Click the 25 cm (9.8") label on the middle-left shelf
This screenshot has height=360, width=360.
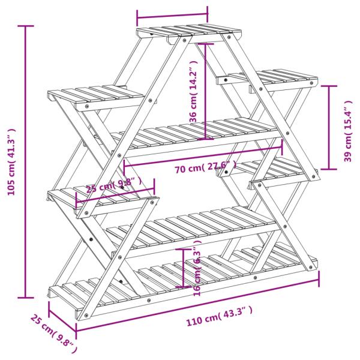coord(114,185)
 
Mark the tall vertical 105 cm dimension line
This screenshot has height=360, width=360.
coord(25,162)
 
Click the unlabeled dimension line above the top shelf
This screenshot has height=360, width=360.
coord(172,13)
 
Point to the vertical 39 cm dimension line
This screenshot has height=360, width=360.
coord(329,128)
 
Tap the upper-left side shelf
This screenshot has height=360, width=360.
coord(96,95)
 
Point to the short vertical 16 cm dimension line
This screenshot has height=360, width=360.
coord(184,268)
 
